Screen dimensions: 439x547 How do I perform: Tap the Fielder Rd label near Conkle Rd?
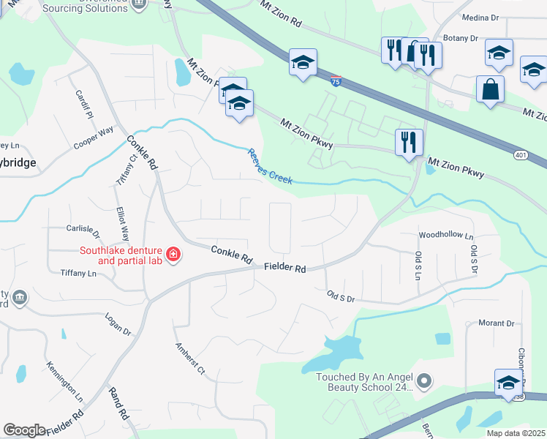pos(285,269)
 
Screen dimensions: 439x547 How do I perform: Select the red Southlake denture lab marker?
pos(173,255)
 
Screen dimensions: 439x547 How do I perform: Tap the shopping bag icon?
pos(490,90)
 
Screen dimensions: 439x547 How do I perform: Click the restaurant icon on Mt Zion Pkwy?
pos(409,141)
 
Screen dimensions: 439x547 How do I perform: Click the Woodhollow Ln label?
pos(446,236)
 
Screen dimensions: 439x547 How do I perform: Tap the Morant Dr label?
pos(497,323)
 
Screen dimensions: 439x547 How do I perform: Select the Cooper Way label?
pos(94,139)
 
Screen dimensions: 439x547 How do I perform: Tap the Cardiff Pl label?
pos(84,105)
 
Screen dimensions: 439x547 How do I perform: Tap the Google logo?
pos(24,430)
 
